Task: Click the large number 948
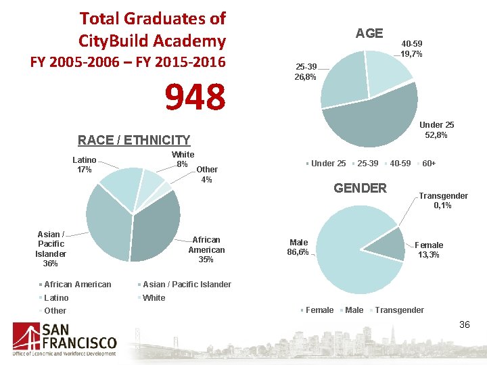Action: coord(195,97)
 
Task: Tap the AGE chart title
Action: coord(369,33)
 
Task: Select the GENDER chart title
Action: coord(360,188)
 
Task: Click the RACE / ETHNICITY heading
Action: coord(134,140)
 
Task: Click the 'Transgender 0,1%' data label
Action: coord(443,201)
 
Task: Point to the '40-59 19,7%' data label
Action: coord(412,49)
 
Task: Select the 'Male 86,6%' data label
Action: coord(298,247)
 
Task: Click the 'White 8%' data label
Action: coord(182,160)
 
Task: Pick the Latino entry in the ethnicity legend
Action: coord(56,297)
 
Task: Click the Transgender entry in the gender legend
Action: coord(399,310)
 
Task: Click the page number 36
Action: coord(464,325)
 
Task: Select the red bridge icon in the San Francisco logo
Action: coord(26,338)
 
